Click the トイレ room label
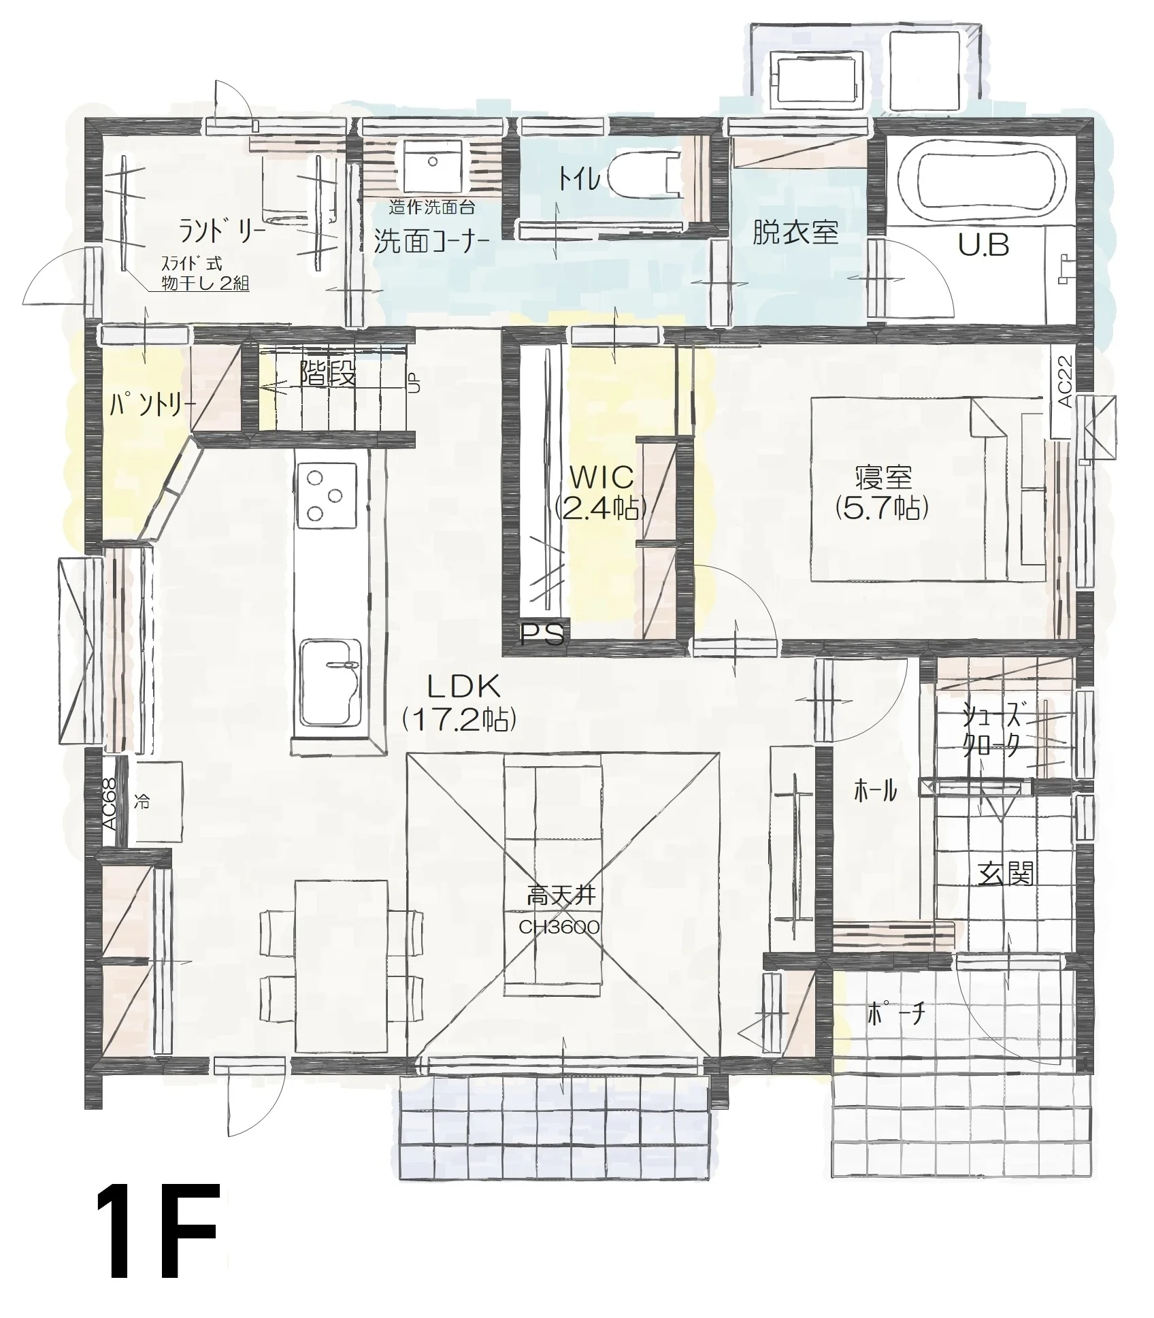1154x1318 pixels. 579,179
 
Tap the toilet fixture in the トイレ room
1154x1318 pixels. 642,176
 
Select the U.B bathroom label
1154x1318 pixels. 983,245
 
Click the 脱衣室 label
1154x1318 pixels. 795,233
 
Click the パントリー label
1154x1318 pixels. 152,406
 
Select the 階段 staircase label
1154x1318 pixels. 328,374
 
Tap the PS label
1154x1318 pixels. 542,635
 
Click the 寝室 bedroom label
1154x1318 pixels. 883,493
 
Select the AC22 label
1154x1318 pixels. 1066,382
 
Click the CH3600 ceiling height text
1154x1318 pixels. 559,927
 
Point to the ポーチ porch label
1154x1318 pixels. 897,1015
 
